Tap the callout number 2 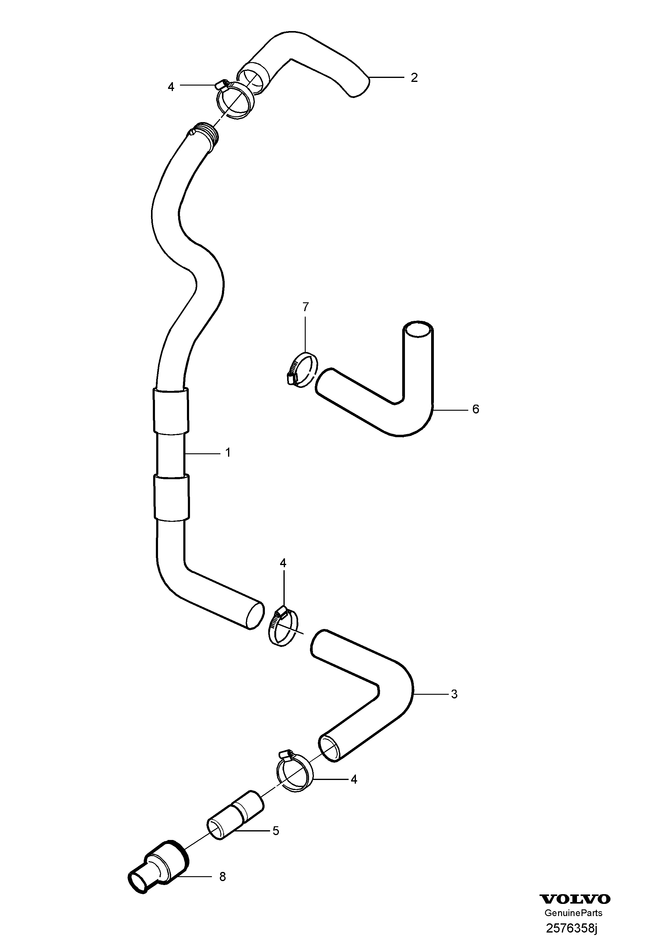[414, 77]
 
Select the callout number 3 [454, 694]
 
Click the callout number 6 [475, 409]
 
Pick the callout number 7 [305, 307]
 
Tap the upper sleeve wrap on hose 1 [171, 411]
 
